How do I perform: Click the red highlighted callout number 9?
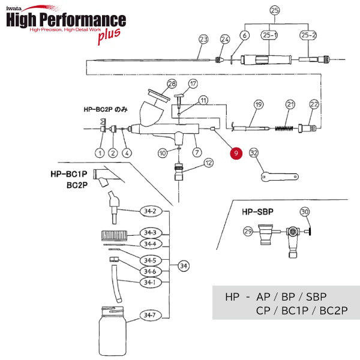point(236,154)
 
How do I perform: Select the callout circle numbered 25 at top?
point(275,11)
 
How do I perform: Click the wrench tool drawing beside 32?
point(279,175)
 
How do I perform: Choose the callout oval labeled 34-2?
point(150,211)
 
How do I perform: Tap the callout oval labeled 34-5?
point(149,260)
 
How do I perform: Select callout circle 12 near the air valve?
point(208,163)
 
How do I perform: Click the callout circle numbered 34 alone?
point(184,265)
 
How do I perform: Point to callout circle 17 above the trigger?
point(193,83)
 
